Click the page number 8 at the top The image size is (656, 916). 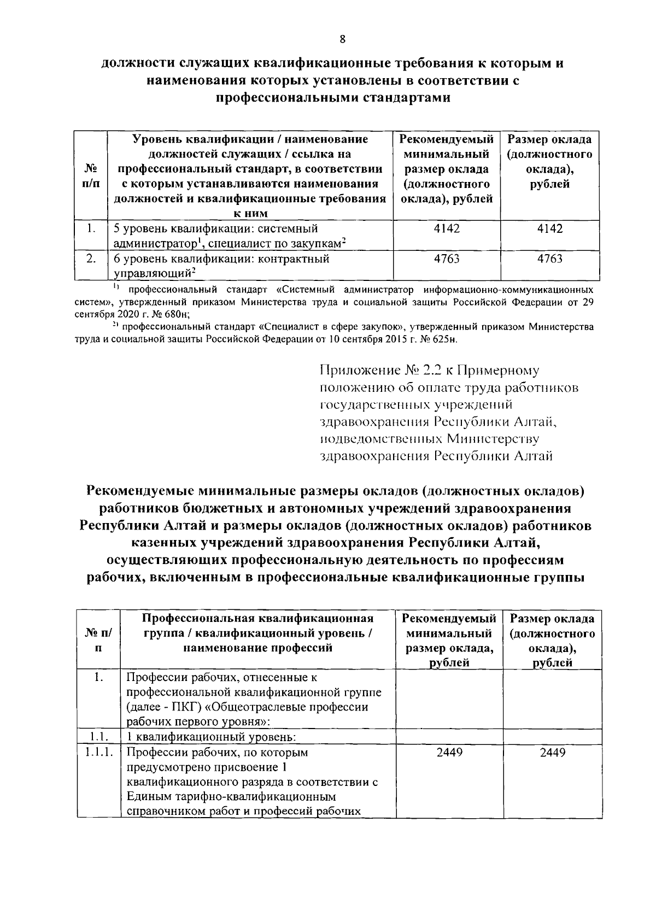point(342,38)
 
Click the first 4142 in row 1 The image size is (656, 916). point(447,228)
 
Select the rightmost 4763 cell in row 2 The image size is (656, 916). point(549,259)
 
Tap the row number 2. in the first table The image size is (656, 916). point(91,259)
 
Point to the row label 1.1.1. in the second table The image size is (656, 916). point(98,753)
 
